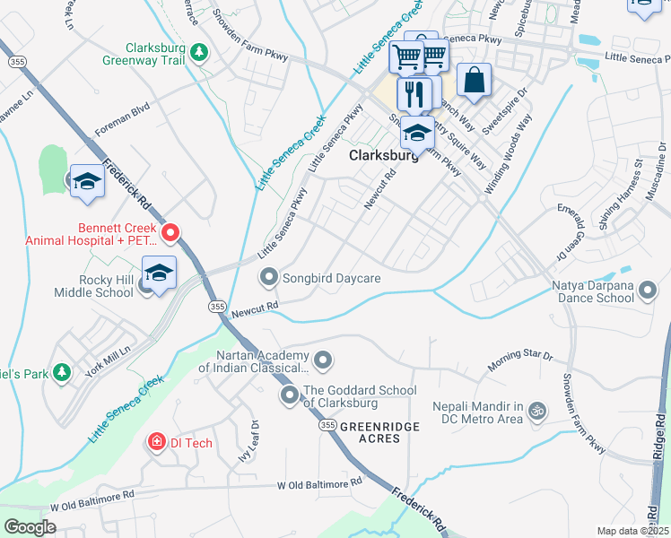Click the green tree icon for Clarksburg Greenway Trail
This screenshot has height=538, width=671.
tap(199, 54)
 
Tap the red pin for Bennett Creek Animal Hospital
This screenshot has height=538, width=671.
tap(169, 233)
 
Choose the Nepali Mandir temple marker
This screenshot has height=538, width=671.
tap(537, 412)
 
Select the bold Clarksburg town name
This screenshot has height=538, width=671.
tap(383, 154)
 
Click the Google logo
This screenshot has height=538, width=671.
tap(30, 526)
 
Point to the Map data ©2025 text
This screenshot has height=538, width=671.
tap(632, 531)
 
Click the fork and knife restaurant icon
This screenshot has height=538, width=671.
tap(414, 92)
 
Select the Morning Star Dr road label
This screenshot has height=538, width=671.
tap(520, 360)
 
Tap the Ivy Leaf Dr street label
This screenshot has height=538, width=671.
tap(254, 439)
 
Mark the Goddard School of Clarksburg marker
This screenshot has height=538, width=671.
tap(289, 395)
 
